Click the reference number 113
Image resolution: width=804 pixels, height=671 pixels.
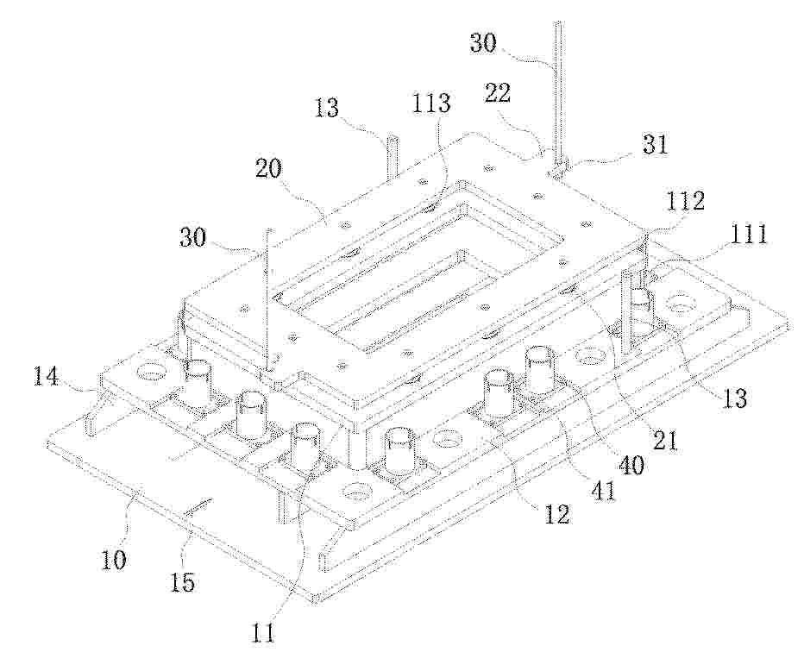point(431,103)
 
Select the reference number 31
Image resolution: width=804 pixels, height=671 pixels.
point(656,145)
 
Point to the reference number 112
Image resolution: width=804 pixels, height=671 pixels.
point(685,201)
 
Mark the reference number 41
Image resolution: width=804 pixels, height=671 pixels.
point(602,490)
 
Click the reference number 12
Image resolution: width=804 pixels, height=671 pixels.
point(557,514)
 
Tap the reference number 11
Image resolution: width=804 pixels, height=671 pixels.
point(263,634)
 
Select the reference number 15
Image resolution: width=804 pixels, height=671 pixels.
point(183,582)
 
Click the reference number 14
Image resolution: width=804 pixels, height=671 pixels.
point(47,379)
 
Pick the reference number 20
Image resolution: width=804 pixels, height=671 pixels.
point(270,169)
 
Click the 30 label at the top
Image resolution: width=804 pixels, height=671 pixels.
point(483,42)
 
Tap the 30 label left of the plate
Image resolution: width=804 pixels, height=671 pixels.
point(193,237)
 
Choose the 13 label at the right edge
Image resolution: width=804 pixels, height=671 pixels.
point(735,398)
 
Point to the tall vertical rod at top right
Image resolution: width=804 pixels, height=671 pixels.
point(558,92)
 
